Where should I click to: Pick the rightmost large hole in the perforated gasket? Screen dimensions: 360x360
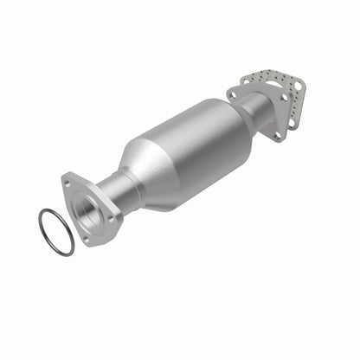coord(299,87)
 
